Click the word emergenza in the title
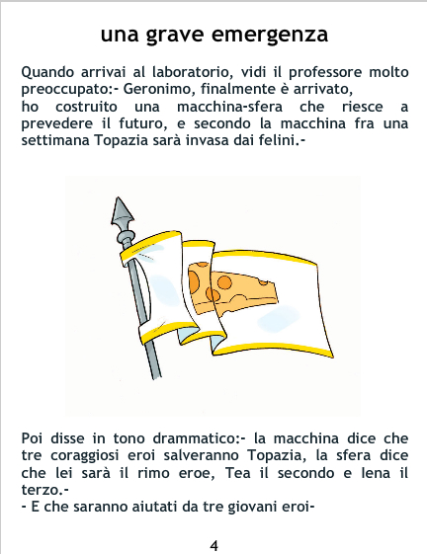click(270, 35)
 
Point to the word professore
click(325, 73)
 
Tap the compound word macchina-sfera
click(229, 107)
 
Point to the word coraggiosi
click(85, 456)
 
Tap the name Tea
click(238, 473)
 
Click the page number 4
click(213, 546)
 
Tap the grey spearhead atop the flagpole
click(121, 211)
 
